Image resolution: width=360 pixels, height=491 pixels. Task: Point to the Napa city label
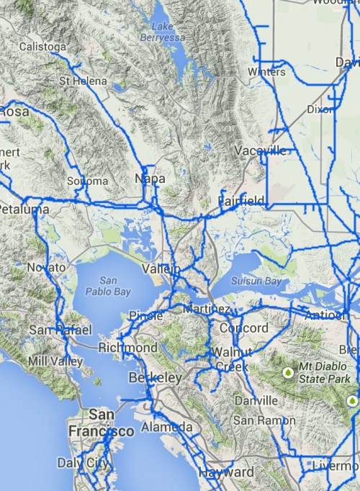[x=150, y=178]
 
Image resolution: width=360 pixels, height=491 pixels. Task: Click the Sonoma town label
[x=87, y=181]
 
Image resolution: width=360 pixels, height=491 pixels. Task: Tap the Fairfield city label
[x=241, y=200]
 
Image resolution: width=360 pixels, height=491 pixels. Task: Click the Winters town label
[x=266, y=72]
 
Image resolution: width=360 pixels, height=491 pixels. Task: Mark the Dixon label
[x=320, y=109]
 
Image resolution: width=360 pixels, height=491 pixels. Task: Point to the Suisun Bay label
[x=256, y=281]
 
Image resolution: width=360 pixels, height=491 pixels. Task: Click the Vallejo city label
[x=161, y=268]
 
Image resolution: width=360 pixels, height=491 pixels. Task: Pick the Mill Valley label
[x=55, y=361]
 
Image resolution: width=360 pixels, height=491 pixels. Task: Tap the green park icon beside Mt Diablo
[x=288, y=372]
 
